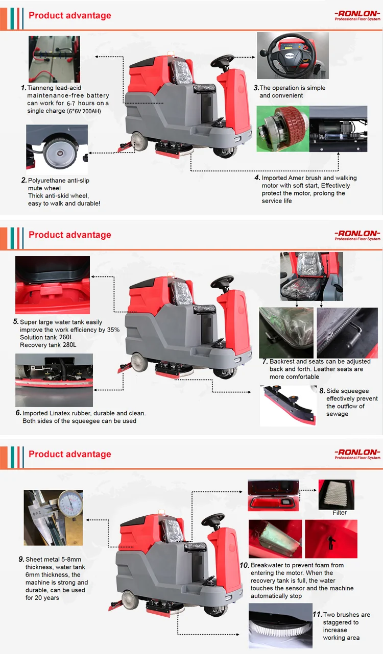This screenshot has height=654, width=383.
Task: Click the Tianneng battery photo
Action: (x=54, y=59)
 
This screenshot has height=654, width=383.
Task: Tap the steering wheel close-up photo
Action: (x=293, y=56)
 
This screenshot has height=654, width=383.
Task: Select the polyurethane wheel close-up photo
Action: (x=57, y=149)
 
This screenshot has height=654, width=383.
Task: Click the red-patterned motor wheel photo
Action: (x=283, y=129)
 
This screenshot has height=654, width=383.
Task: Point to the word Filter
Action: (x=340, y=512)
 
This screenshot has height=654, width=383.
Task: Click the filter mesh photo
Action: (x=336, y=494)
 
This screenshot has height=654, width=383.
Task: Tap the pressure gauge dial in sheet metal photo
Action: (x=70, y=504)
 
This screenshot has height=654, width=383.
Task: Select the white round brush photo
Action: (x=280, y=625)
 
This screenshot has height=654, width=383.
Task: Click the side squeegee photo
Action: (x=289, y=406)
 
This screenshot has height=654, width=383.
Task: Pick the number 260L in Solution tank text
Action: (x=66, y=337)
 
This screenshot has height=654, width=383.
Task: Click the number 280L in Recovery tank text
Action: (x=69, y=345)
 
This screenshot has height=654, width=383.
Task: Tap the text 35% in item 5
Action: (x=113, y=330)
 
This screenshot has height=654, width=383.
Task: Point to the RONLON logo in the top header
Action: (x=357, y=15)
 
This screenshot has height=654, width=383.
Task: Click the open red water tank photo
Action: (x=53, y=285)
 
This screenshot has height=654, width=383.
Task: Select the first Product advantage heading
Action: (x=70, y=15)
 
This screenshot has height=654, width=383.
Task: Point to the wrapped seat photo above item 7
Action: (x=312, y=276)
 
